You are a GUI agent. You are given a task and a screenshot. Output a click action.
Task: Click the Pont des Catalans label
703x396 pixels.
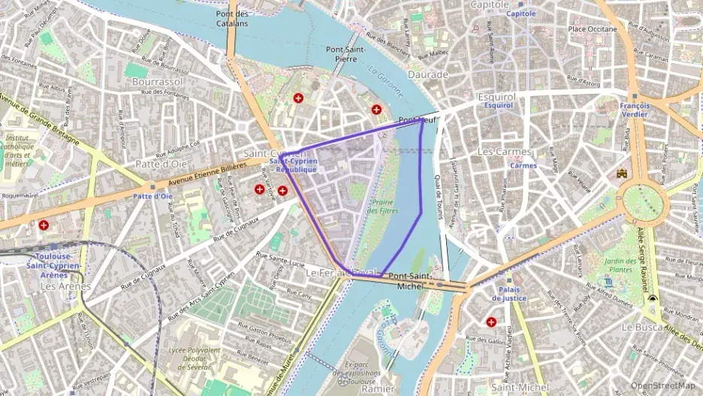pos(232,19)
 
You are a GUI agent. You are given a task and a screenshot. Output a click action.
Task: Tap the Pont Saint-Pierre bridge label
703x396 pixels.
pos(346,55)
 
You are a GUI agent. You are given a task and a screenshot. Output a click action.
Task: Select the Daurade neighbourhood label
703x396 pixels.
pos(427,74)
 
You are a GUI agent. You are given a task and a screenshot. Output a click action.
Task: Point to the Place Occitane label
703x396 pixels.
pos(593,29)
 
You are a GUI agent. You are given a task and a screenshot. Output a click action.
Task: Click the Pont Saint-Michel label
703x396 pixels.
pos(410,281)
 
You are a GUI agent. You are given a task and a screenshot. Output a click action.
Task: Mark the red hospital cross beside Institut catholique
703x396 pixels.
pos(44,225)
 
